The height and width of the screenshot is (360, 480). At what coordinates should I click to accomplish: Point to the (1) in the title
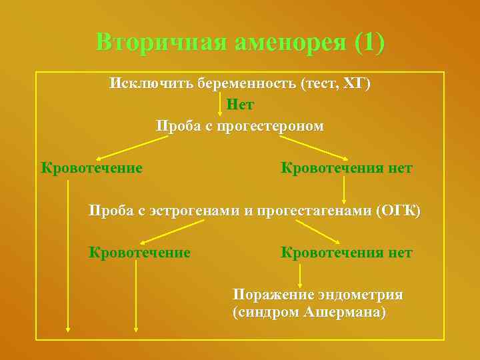[x=370, y=42]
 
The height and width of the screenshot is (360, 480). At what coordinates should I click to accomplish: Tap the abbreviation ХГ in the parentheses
[x=352, y=84]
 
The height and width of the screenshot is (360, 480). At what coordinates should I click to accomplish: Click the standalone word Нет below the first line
[x=240, y=105]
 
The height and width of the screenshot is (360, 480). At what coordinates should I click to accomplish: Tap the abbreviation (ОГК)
[x=398, y=211]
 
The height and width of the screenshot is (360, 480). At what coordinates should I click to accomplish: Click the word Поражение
[x=265, y=294]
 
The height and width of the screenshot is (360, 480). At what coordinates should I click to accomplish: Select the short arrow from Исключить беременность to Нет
[x=221, y=105]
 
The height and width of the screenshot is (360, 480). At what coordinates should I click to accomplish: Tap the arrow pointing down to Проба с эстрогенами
[x=344, y=190]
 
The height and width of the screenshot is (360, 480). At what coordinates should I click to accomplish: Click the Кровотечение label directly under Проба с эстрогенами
[x=139, y=253]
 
